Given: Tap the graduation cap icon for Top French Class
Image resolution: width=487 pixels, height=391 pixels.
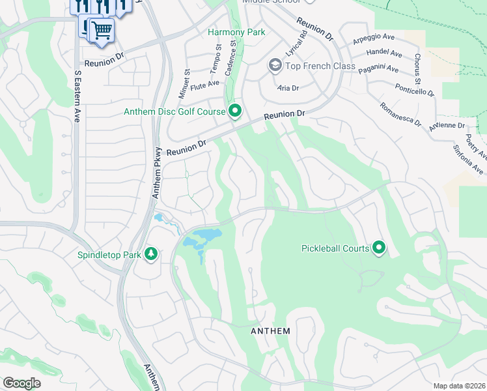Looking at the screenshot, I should tap(275, 66).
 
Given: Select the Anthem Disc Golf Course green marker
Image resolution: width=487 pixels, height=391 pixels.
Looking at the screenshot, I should tap(235, 111).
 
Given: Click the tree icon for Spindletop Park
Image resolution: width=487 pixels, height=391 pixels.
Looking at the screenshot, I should tap(151, 253).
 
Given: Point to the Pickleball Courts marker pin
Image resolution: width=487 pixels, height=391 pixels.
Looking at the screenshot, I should tap(379, 248).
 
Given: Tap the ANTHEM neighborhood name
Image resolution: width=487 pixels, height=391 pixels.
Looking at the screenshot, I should tap(270, 331).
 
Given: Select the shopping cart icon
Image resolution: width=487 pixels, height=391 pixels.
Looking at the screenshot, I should tap(101, 30).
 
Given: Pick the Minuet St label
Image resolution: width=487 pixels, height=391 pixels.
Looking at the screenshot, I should tap(186, 84).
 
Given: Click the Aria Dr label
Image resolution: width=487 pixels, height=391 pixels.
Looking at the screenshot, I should tap(288, 87).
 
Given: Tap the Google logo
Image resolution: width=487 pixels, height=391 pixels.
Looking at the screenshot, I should tap(21, 383).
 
